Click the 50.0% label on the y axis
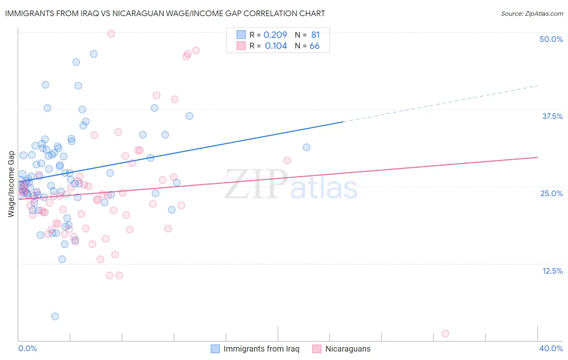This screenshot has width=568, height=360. (x=551, y=39)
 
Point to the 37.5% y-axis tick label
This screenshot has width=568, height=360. (x=552, y=116)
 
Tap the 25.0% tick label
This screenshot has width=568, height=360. (x=551, y=193)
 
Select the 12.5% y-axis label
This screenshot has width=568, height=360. (x=552, y=271)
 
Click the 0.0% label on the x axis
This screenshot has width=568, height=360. (x=27, y=348)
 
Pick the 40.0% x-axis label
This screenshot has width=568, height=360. (x=551, y=348)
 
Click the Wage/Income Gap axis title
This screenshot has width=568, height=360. (x=11, y=184)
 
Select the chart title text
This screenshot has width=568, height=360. (x=165, y=13)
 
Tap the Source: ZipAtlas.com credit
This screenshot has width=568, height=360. (x=532, y=13)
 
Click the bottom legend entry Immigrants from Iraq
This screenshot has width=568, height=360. (x=261, y=349)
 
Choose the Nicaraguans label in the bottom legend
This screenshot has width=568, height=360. (x=348, y=349)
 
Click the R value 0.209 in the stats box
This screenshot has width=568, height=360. (x=275, y=35)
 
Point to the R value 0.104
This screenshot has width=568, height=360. (x=276, y=46)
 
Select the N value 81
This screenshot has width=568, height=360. (x=316, y=35)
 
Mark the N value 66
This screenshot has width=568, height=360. (x=314, y=46)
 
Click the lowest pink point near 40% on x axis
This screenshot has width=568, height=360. (x=445, y=333)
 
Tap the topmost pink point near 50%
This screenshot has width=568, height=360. (x=111, y=34)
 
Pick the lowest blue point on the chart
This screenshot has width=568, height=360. (x=55, y=316)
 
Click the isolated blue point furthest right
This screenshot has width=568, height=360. (x=307, y=147)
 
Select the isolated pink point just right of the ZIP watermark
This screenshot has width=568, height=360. (x=287, y=161)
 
